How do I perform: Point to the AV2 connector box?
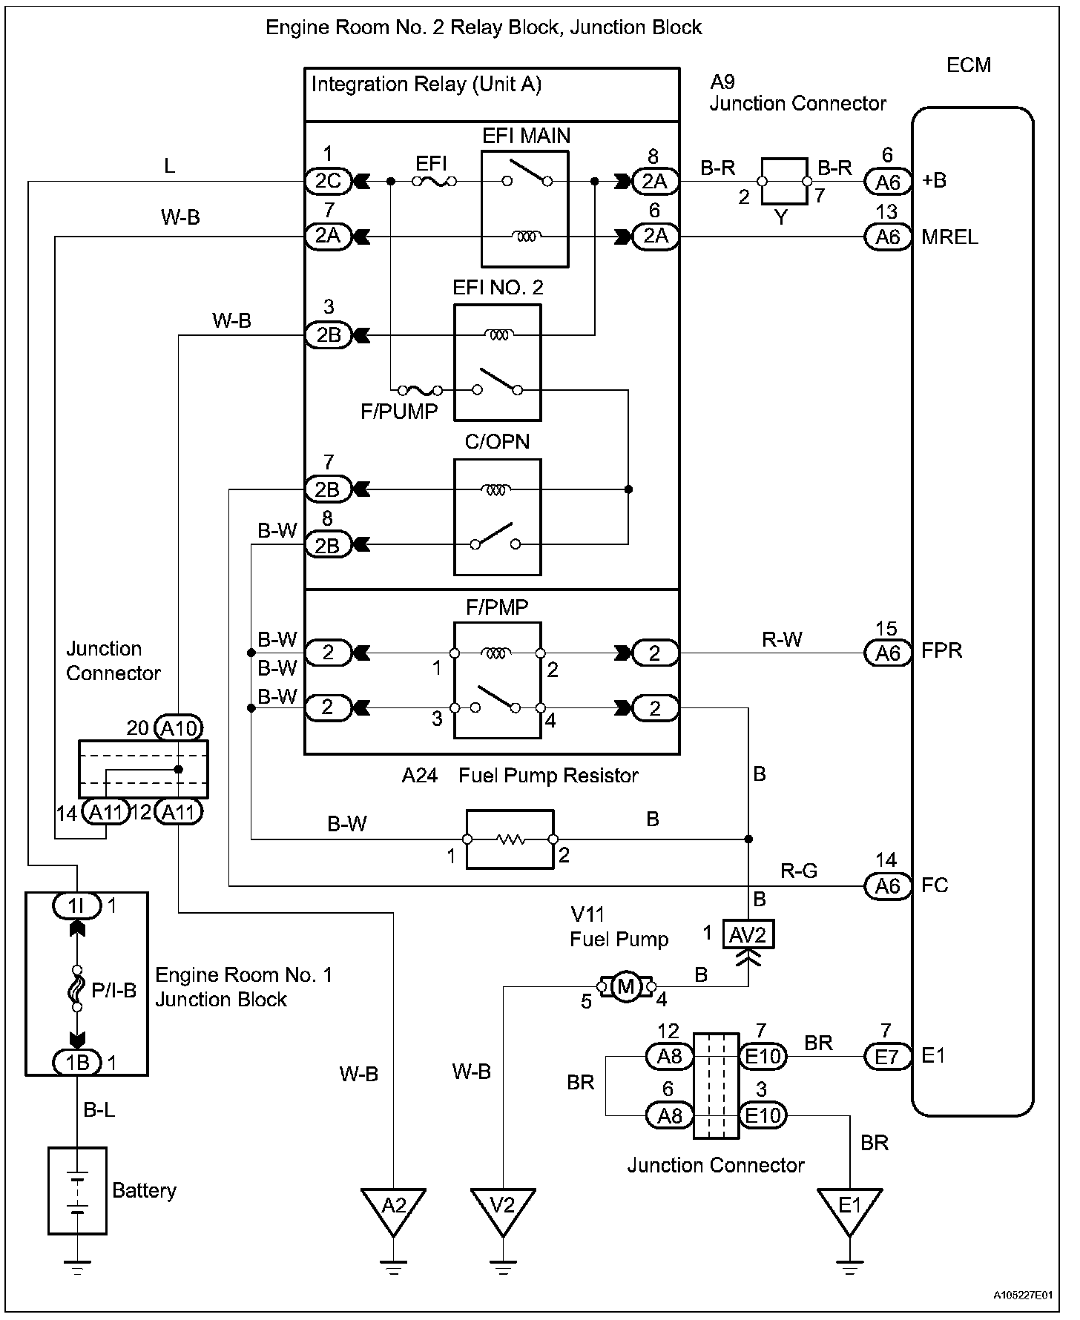click(748, 935)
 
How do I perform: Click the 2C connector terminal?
click(328, 181)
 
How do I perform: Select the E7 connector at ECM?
click(887, 1056)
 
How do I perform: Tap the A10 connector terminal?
click(179, 728)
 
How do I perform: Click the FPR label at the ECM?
click(942, 651)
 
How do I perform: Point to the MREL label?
click(949, 237)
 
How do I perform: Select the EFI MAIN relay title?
click(527, 136)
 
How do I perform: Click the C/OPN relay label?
click(497, 442)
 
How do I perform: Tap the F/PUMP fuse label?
click(399, 412)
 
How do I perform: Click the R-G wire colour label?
click(799, 871)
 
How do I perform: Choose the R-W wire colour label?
click(782, 639)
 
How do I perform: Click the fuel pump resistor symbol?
click(510, 839)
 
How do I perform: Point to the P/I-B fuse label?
click(114, 991)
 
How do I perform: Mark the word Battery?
click(144, 1191)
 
